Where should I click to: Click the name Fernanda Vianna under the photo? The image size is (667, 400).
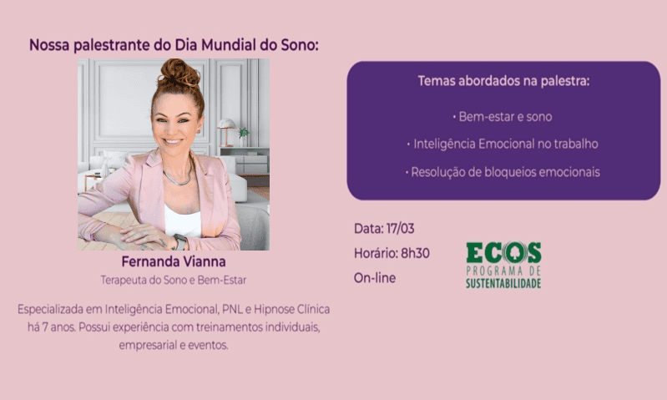[x=174, y=262]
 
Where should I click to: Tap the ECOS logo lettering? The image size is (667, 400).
[x=503, y=253]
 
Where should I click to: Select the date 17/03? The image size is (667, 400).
[x=400, y=228]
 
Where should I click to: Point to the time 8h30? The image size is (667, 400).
[x=414, y=253]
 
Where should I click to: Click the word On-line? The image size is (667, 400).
[x=375, y=278]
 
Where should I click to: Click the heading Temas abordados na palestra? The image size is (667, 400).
[x=503, y=82]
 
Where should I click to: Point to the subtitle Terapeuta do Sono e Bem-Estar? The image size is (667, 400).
[x=174, y=280]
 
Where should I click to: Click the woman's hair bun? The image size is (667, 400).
[x=179, y=74]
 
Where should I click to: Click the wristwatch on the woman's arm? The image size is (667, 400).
[x=179, y=241]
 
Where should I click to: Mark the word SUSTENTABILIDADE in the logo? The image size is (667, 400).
[x=503, y=283]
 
